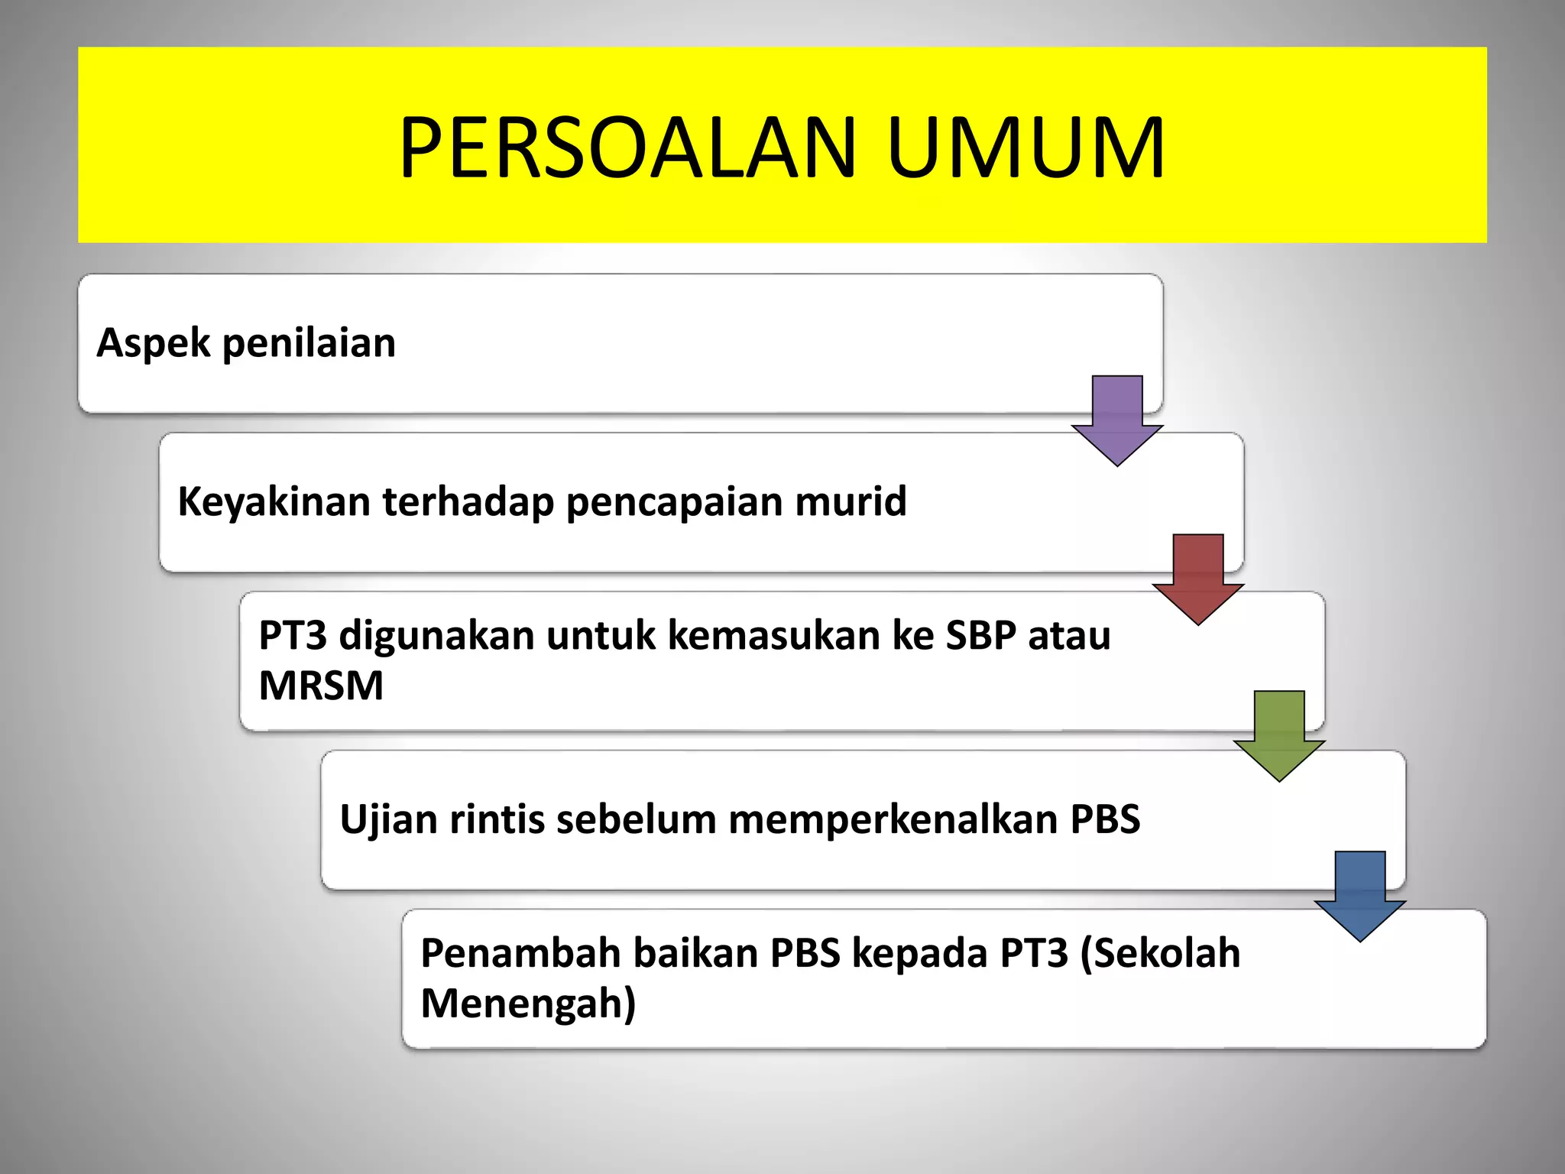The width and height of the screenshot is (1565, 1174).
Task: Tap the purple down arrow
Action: pos(1117,420)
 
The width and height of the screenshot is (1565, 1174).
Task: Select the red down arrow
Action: pos(1198,579)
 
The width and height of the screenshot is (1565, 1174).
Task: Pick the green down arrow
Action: pos(1279,736)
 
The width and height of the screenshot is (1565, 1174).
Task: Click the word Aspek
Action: pos(153,342)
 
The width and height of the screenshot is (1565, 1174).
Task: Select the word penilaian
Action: pos(309,342)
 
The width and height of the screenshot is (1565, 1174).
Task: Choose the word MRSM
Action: pos(321,686)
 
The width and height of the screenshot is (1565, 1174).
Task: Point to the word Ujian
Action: pos(388,819)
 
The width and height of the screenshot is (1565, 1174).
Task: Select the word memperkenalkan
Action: pos(893,819)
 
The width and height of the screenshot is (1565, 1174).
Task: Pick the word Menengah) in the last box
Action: pos(528,1004)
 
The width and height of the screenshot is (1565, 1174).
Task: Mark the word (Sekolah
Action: pos(1160,953)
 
